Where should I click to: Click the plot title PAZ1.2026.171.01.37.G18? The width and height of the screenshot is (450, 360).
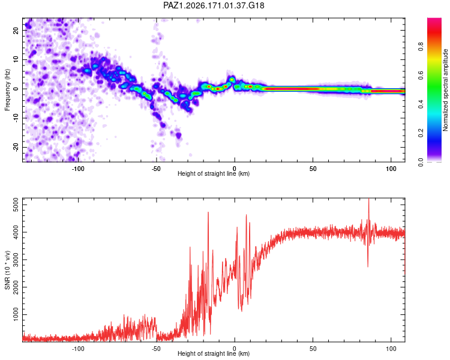[214, 5]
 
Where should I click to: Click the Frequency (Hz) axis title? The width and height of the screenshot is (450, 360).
[7, 90]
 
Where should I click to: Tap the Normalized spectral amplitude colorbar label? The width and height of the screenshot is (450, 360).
[445, 90]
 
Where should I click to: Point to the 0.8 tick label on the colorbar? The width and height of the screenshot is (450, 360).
[421, 46]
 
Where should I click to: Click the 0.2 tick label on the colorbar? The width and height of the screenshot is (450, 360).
[421, 133]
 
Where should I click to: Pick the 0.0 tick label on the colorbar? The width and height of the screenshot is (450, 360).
[421, 162]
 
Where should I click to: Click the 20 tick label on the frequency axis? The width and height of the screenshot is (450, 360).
[16, 30]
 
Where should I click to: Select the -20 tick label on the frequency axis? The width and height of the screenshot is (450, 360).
[16, 148]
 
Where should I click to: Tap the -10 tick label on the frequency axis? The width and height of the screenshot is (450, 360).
[16, 118]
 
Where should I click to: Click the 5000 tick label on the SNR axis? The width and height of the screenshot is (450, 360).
[16, 205]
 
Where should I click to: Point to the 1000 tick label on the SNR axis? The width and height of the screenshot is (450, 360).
[16, 314]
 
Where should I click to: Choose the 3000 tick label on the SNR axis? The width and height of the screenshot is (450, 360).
[16, 260]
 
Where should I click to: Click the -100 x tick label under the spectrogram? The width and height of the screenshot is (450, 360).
[77, 169]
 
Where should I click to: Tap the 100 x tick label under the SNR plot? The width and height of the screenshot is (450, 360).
[391, 349]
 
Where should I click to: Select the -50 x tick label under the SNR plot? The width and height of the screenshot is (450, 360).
[156, 349]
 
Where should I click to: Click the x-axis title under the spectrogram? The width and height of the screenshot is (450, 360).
[214, 173]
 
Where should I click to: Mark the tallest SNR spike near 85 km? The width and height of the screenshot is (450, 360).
[369, 199]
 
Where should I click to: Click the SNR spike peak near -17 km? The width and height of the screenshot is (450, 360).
[208, 212]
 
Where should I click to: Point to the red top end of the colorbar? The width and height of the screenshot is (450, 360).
[434, 19]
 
